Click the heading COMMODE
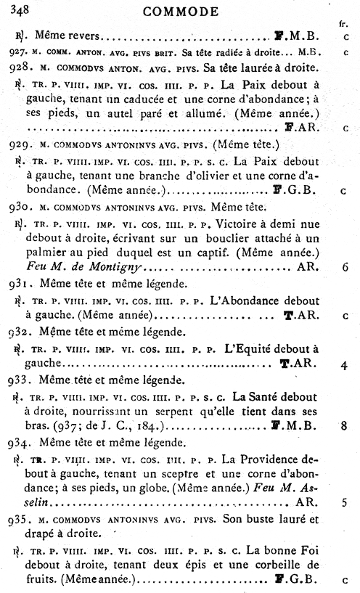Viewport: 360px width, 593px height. [181, 11]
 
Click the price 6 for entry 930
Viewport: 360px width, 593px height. [344, 267]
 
